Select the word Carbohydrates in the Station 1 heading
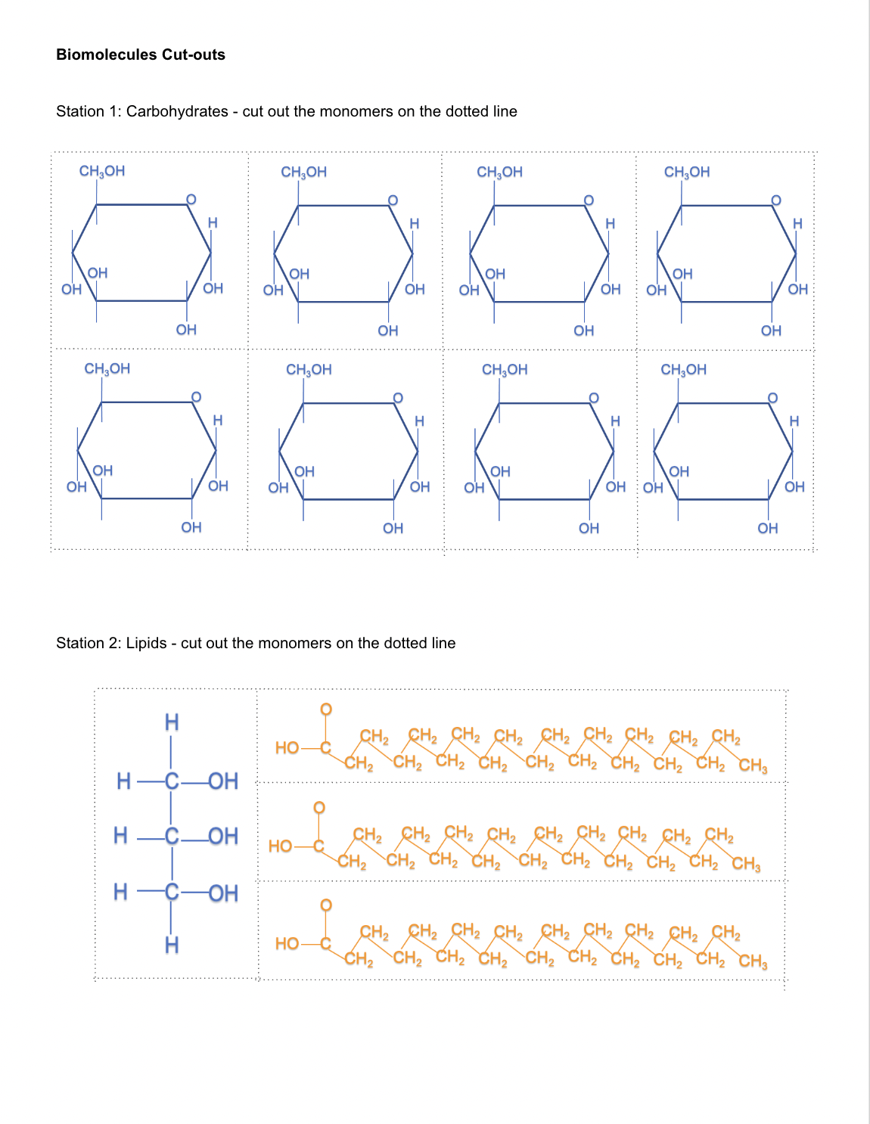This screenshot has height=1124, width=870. [177, 111]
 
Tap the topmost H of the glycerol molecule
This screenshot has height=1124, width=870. [172, 723]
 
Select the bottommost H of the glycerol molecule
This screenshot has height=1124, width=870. [172, 945]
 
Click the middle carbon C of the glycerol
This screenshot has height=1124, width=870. [172, 836]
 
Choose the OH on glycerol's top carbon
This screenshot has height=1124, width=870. [222, 781]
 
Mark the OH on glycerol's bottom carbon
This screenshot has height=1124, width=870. [222, 893]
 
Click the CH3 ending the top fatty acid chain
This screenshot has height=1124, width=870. [753, 765]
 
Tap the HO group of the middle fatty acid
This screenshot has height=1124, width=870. [280, 846]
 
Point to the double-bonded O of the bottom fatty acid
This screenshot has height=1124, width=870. [326, 905]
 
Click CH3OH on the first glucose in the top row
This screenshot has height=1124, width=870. [102, 171]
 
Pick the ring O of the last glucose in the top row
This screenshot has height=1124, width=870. [775, 200]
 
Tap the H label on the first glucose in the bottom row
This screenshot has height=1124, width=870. [218, 420]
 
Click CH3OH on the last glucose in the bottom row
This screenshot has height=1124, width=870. [683, 369]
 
